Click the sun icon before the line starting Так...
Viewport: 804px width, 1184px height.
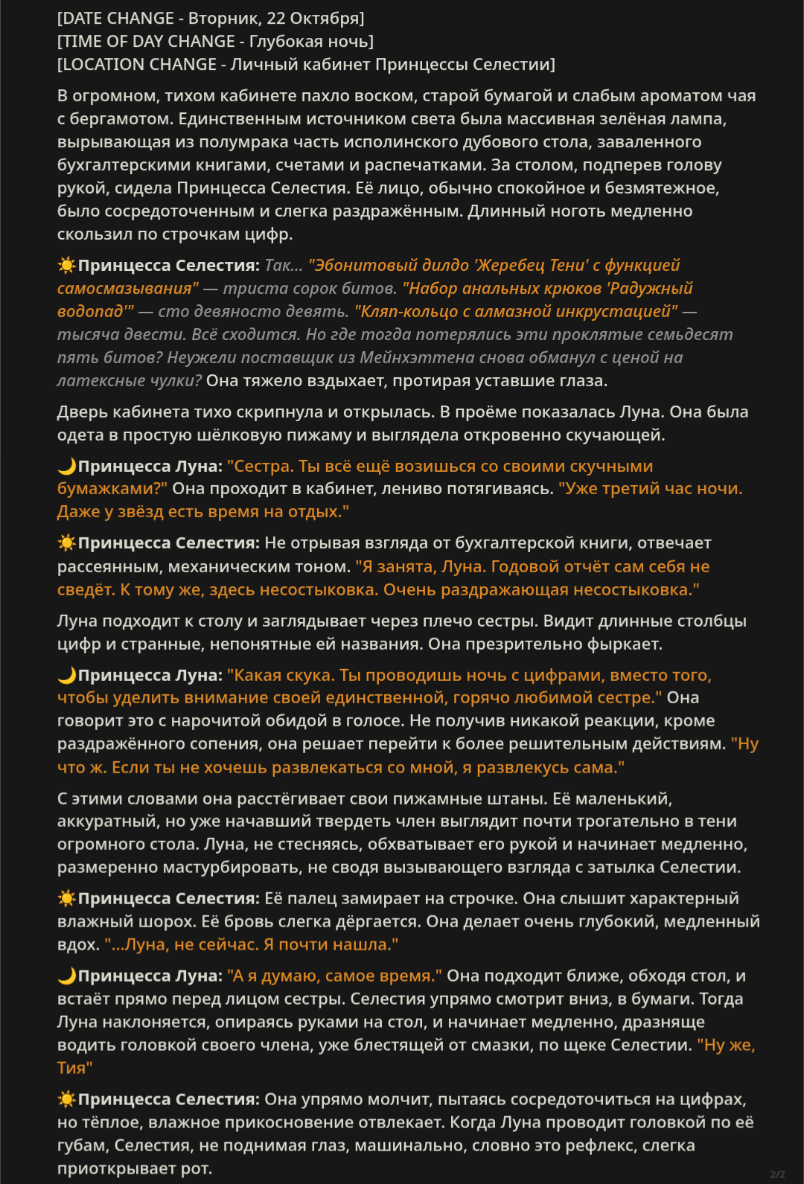click(67, 265)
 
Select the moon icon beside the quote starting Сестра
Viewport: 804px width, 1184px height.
click(67, 466)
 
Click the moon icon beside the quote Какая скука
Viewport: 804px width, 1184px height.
click(67, 675)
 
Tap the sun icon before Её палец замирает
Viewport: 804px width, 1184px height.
click(67, 898)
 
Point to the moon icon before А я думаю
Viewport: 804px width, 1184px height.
click(67, 976)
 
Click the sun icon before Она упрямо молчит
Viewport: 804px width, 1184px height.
click(67, 1099)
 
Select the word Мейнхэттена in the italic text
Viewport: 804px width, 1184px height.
click(409, 358)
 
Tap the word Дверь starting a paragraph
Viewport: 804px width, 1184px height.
click(81, 412)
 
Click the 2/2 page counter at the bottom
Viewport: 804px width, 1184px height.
click(777, 1174)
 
